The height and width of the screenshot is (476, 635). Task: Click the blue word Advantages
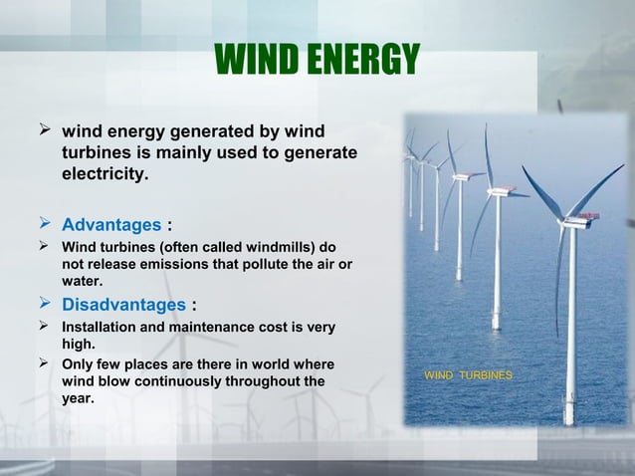click(110, 223)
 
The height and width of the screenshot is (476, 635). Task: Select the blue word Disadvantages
click(123, 304)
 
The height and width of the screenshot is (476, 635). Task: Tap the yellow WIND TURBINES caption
click(469, 375)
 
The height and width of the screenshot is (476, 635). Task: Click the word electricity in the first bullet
click(105, 176)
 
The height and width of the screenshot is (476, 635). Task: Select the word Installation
click(100, 327)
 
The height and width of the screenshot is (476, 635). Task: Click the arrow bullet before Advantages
click(44, 222)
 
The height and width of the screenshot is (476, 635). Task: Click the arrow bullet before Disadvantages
click(44, 303)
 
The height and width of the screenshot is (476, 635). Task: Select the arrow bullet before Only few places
click(44, 363)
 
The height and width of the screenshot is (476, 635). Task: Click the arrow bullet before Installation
click(44, 326)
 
